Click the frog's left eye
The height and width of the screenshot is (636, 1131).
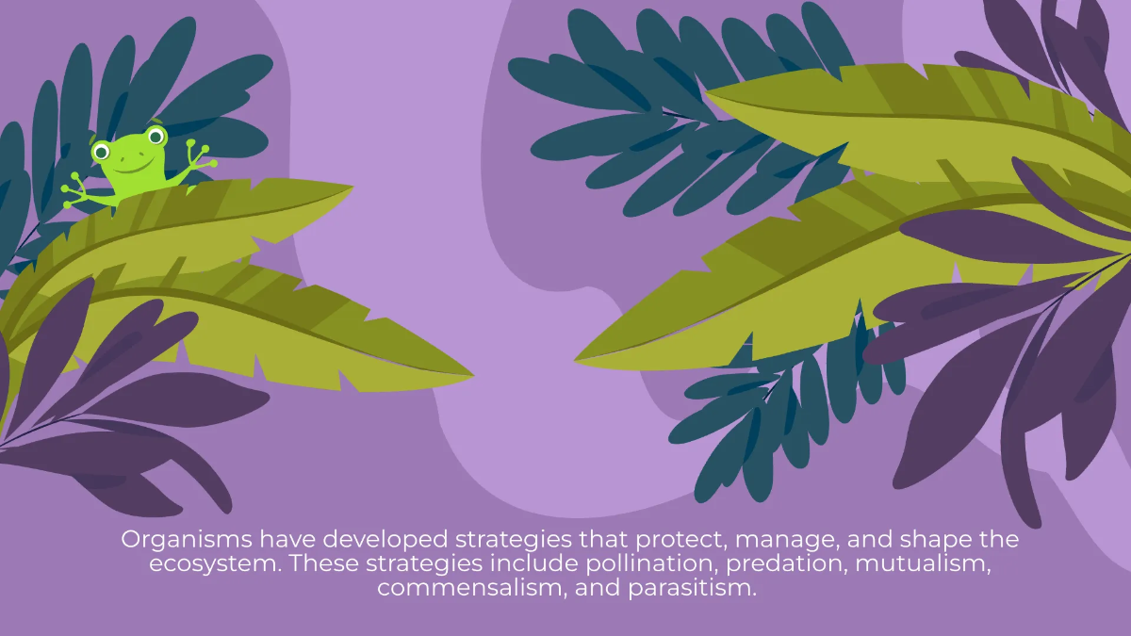[102, 151]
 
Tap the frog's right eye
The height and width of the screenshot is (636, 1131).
[155, 138]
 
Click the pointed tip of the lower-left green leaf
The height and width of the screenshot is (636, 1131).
[471, 374]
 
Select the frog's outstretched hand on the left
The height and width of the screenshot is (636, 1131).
[75, 192]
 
